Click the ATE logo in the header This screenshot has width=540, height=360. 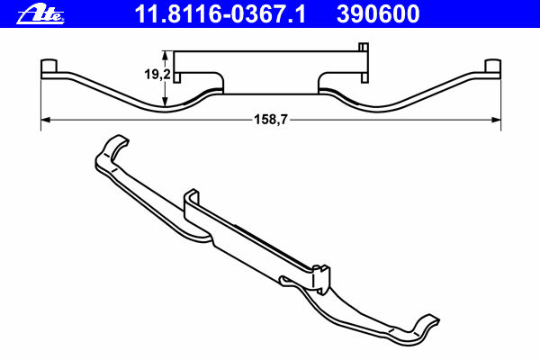tap(40, 14)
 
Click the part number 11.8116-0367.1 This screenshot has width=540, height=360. tap(220, 14)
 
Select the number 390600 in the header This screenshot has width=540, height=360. tap(378, 14)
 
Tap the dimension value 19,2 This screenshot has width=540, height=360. tap(157, 74)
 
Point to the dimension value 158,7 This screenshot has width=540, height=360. tap(271, 120)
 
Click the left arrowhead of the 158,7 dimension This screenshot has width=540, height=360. tap(46, 120)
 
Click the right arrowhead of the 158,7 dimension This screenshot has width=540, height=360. tap(496, 120)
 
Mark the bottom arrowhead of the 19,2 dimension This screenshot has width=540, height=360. tap(166, 102)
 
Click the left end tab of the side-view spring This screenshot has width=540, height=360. tap(49, 66)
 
